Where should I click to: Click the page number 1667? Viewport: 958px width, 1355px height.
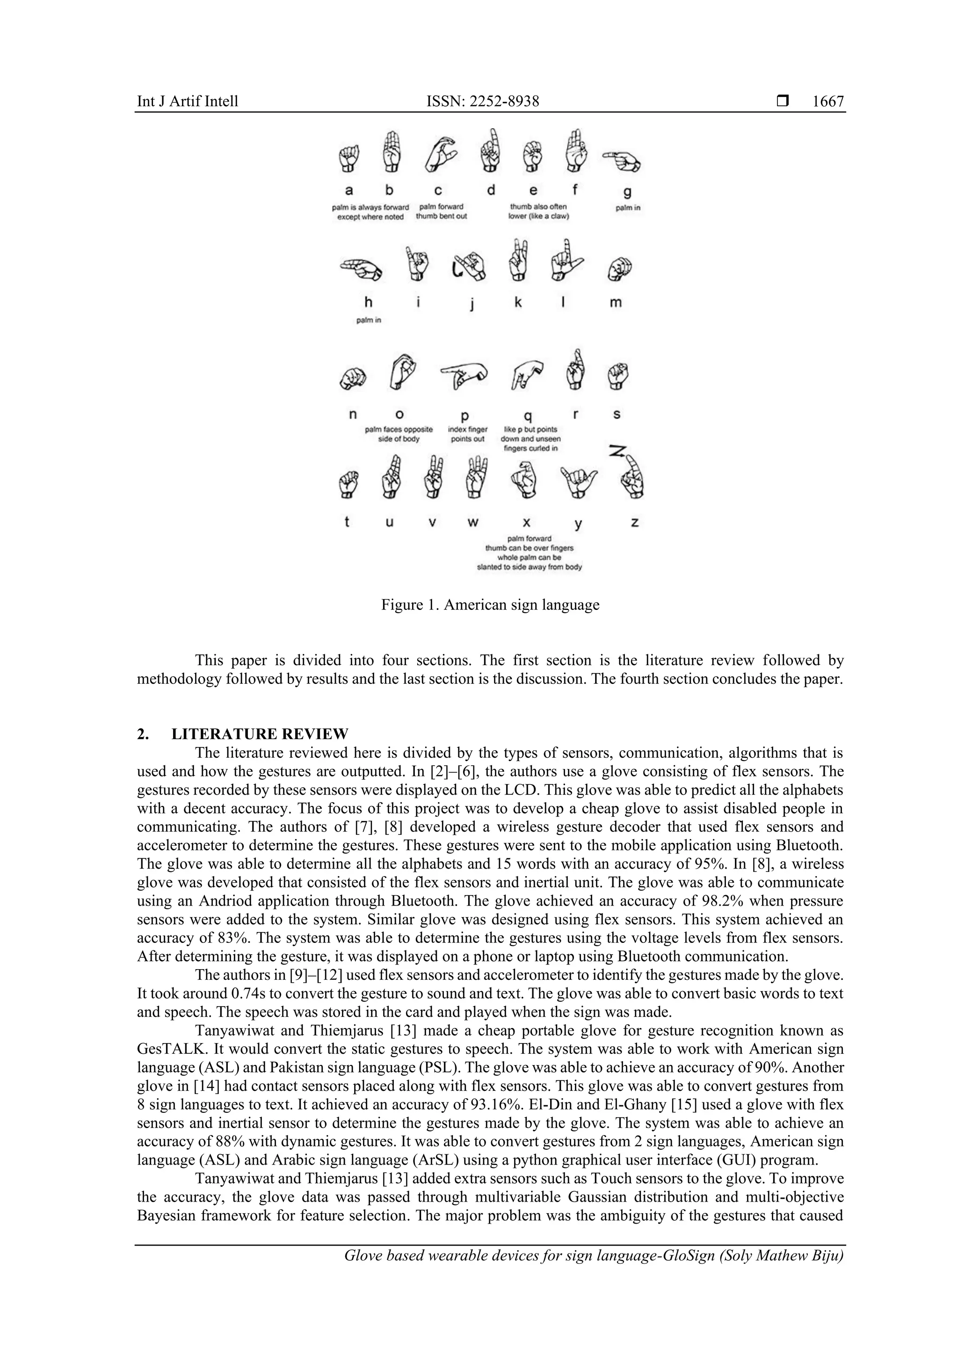tap(827, 101)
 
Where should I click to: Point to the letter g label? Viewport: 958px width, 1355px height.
tap(627, 191)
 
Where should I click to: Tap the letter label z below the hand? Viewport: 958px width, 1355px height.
tap(635, 523)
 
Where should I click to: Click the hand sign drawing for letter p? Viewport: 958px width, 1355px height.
tap(464, 374)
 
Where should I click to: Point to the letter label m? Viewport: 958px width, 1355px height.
tap(615, 303)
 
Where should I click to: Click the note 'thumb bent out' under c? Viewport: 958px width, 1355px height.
tap(441, 217)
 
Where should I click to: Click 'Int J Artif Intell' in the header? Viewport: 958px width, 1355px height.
tap(188, 101)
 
